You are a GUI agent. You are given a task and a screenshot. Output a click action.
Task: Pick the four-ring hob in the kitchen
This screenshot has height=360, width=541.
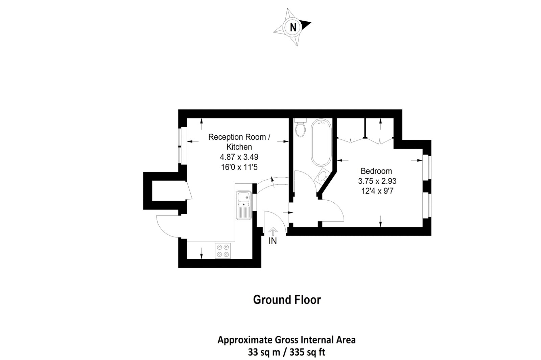[x=223, y=251]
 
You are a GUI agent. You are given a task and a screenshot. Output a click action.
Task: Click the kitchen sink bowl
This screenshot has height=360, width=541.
[x=242, y=197]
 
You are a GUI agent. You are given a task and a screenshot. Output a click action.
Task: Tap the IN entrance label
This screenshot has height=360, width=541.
[x=273, y=241]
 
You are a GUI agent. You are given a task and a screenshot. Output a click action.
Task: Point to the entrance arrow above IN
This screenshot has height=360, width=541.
[x=273, y=231]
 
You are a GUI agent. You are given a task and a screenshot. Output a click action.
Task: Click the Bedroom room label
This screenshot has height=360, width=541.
[x=376, y=171]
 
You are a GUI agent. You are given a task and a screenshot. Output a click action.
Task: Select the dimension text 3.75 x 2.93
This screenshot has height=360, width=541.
[x=377, y=181]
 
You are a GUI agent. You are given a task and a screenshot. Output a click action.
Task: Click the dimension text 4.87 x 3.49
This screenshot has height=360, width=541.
[x=239, y=157]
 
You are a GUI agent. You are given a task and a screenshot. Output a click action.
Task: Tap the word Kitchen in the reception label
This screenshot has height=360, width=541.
[x=239, y=147]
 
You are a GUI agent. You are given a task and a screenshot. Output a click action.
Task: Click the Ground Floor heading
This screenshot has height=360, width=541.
[x=287, y=300]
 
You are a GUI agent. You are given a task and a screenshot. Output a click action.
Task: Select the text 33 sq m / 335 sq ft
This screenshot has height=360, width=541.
[x=286, y=352]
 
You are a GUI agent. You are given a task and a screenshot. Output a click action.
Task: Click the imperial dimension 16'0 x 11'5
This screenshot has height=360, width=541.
[x=239, y=167]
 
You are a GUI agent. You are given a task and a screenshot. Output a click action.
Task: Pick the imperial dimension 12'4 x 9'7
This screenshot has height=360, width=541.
[x=377, y=191]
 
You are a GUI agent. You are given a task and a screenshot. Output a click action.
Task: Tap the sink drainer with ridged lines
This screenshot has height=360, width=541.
[x=243, y=212]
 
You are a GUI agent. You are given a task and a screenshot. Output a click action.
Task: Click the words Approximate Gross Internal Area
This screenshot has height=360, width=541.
[x=286, y=340]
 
